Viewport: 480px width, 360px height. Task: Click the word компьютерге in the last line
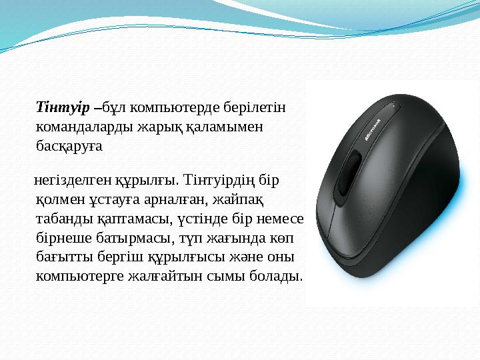79,275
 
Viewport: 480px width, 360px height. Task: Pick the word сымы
223,275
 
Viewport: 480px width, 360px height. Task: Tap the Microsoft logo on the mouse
373,129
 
